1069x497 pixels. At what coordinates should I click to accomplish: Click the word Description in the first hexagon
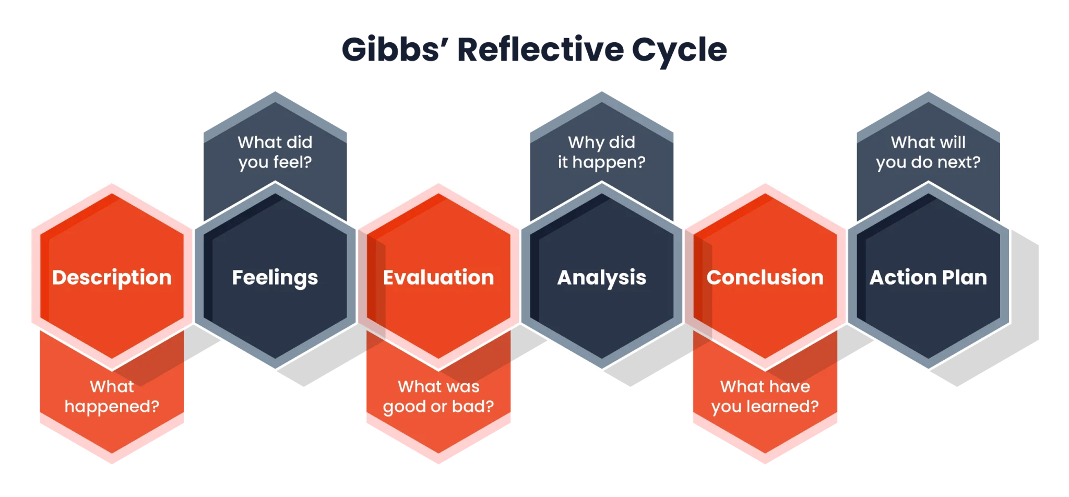pos(112,278)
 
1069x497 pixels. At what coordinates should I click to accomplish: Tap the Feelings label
pos(275,278)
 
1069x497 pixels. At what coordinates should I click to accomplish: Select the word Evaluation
pos(438,278)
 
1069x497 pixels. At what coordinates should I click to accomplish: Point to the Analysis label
pos(601,278)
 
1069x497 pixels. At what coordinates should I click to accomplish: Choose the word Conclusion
pos(765,278)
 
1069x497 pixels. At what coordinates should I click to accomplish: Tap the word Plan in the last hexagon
pos(965,278)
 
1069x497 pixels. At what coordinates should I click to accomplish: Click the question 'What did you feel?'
pos(275,152)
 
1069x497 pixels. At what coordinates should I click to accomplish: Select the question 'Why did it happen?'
pos(601,152)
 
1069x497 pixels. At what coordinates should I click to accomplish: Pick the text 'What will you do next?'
pos(928,152)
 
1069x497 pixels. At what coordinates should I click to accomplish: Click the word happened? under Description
pos(112,407)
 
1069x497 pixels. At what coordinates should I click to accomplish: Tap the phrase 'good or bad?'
pos(438,407)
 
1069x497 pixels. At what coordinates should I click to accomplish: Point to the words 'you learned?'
pos(765,407)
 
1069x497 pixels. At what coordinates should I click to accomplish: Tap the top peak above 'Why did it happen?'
pos(601,91)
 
